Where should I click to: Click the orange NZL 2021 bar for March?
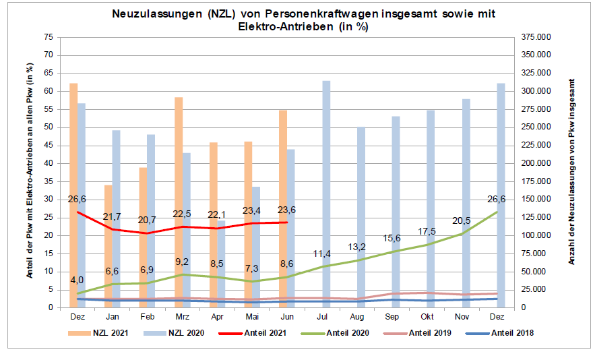(179, 202)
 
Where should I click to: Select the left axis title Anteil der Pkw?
(30, 172)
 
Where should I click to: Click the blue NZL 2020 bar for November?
(466, 203)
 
